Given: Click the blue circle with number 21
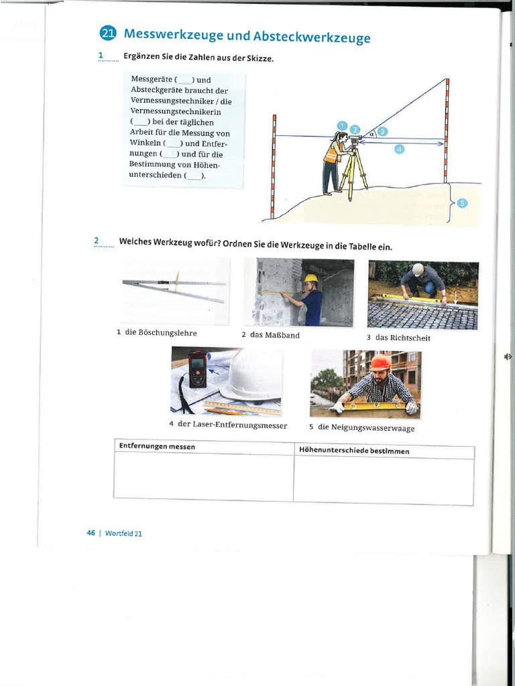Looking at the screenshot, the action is pos(107,33).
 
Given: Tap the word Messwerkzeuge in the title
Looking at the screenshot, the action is pos(174,35).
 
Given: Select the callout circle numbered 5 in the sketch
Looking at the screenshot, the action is pos(462,203).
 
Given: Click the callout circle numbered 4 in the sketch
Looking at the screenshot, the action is pos(399,149).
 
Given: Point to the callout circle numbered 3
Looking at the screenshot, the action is pos(382,131).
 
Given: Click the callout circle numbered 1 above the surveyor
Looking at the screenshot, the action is pos(342,125).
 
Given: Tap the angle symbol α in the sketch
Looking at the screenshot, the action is pos(371,134).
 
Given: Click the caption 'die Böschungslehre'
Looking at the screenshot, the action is pos(161,332).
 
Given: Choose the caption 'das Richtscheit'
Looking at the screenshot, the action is pos(403,338).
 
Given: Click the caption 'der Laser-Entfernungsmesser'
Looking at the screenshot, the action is pos(239,425).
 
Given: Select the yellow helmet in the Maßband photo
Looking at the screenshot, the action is pos(310,278).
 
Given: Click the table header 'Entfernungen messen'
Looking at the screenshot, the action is pos(157,447).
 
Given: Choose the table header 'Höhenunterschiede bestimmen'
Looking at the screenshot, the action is pos(354,451).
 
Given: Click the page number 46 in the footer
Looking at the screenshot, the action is pos(91,533).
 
